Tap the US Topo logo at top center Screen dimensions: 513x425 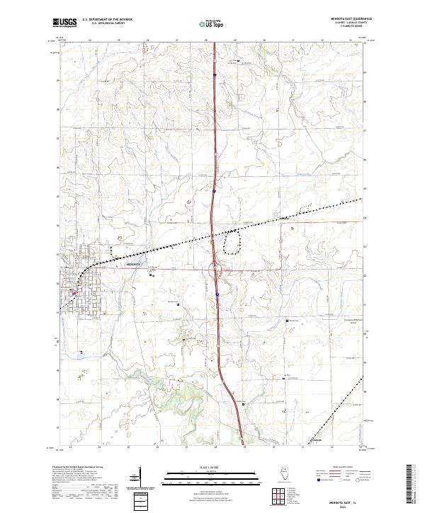coord(212,23)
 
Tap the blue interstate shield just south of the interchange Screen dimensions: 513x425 coord(217,294)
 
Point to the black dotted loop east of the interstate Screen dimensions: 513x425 coord(232,243)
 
